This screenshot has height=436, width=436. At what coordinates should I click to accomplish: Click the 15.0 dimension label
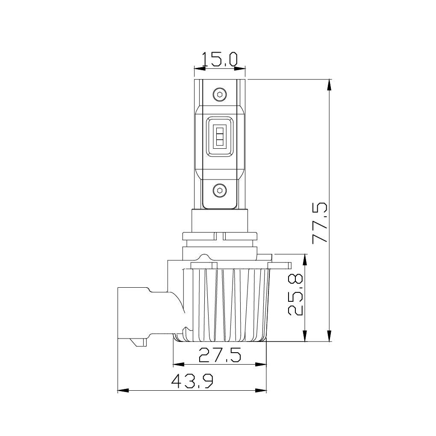tap(219, 59)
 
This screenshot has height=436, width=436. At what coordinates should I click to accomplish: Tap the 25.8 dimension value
tap(295, 295)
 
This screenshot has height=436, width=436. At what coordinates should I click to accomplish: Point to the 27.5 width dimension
tap(220, 355)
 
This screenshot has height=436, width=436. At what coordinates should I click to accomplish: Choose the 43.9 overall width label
tap(192, 381)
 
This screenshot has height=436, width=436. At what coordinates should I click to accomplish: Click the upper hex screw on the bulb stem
tap(220, 94)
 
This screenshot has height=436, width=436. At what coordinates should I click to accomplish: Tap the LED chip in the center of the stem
tap(220, 136)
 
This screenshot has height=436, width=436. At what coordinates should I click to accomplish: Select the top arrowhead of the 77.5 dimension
tap(329, 85)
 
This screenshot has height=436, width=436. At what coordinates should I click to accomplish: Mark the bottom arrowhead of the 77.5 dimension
tap(329, 336)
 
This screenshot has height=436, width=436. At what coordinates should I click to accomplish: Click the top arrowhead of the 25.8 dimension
tap(305, 259)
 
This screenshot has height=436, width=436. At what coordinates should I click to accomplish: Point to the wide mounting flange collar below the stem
tap(220, 236)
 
